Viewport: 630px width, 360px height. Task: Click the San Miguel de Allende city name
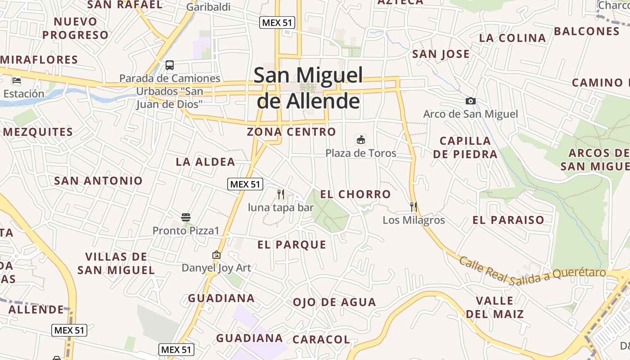[308, 88]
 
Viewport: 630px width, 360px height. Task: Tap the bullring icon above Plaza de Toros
[361, 139]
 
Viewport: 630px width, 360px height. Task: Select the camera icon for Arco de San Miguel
[470, 101]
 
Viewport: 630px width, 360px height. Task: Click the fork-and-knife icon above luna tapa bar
[281, 194]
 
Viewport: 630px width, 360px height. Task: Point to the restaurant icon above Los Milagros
[414, 207]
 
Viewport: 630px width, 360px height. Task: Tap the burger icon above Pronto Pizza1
[186, 217]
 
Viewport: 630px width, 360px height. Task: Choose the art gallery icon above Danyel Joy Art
[216, 255]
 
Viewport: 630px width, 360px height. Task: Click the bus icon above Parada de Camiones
[170, 65]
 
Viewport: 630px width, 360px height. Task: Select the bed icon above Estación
[17, 81]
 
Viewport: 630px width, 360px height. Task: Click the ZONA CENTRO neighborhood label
[291, 132]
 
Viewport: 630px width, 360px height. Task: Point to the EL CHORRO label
[355, 194]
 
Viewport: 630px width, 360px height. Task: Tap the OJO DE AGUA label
[334, 302]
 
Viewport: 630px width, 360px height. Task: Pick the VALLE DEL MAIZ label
[495, 307]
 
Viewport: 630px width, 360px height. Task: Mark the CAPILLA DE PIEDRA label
[465, 147]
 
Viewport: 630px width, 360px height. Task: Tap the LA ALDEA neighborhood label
[206, 162]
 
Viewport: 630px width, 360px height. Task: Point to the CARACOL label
[321, 339]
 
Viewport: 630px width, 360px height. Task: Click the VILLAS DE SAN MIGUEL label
[116, 263]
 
